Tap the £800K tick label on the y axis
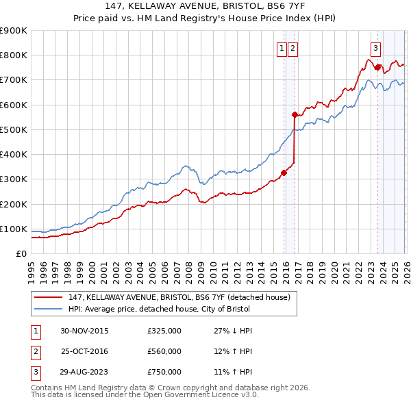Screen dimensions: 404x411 coord(14,55)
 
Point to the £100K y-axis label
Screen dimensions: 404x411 coord(14,229)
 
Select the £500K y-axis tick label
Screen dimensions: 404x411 coord(14,129)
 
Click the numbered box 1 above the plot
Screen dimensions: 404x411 coord(282,48)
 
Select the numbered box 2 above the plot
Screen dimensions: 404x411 coord(292,48)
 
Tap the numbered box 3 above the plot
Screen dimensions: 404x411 coord(376,48)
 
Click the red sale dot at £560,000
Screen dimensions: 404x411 coord(295,115)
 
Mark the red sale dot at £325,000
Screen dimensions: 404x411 coord(284,173)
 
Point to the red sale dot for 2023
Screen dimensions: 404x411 coord(377,67)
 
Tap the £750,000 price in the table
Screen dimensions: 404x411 coord(164,372)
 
